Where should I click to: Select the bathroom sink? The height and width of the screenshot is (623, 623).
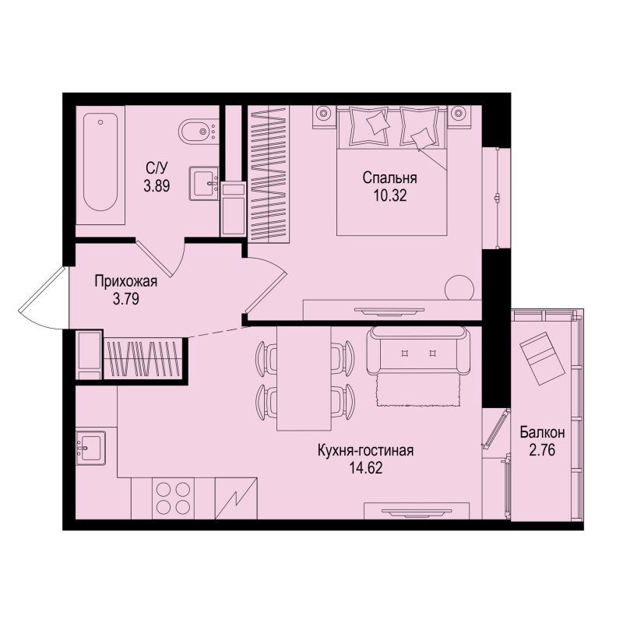tap(205, 185)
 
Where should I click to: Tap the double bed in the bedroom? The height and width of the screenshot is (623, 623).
tap(392, 171)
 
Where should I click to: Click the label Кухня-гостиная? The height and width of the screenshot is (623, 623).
tap(364, 451)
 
